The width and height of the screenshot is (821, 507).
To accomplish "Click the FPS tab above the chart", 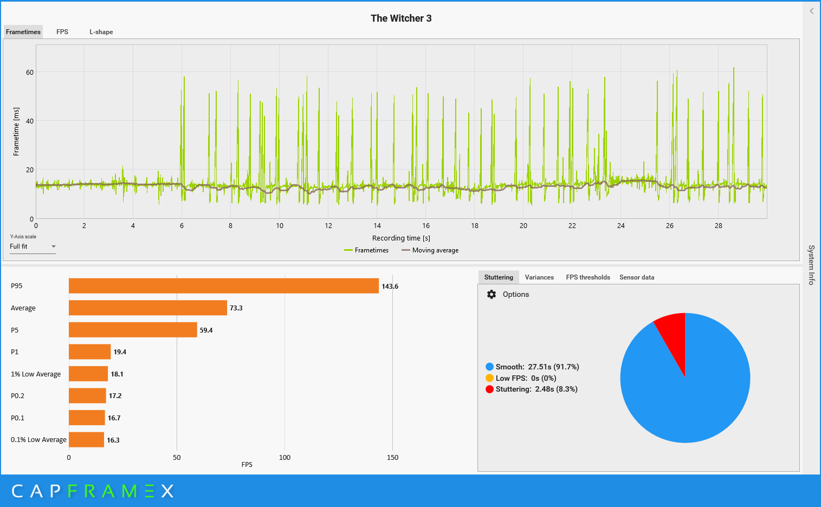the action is pyautogui.click(x=62, y=32).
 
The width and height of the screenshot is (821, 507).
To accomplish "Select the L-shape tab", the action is pyautogui.click(x=101, y=32).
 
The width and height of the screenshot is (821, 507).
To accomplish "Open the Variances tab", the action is pyautogui.click(x=539, y=277).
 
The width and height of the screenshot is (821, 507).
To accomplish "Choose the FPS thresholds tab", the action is pyautogui.click(x=588, y=277).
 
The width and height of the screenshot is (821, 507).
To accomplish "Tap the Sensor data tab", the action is pyautogui.click(x=637, y=277).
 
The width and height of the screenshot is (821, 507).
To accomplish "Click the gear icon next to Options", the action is pyautogui.click(x=491, y=295).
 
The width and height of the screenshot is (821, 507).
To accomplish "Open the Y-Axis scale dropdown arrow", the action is pyautogui.click(x=54, y=246).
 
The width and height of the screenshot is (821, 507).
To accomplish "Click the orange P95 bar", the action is pyautogui.click(x=224, y=286).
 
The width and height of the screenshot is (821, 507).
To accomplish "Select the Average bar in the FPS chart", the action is pyautogui.click(x=148, y=308).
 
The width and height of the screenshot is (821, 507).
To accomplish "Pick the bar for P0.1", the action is pyautogui.click(x=87, y=418).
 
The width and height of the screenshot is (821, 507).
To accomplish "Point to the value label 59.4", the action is pyautogui.click(x=206, y=330).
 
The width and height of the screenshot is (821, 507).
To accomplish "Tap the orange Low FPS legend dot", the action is pyautogui.click(x=489, y=378).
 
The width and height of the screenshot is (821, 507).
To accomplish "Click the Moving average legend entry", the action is pyautogui.click(x=430, y=250).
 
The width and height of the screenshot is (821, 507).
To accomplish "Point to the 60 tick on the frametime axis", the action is pyautogui.click(x=30, y=73).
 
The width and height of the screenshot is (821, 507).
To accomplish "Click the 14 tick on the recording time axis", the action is pyautogui.click(x=377, y=226).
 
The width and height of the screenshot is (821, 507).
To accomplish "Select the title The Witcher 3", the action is pyautogui.click(x=401, y=18).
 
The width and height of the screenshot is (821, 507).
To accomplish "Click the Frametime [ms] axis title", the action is pyautogui.click(x=16, y=132).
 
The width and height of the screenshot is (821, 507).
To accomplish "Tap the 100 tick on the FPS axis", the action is pyautogui.click(x=285, y=458).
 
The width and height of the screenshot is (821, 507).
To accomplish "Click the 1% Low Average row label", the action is pyautogui.click(x=36, y=374).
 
